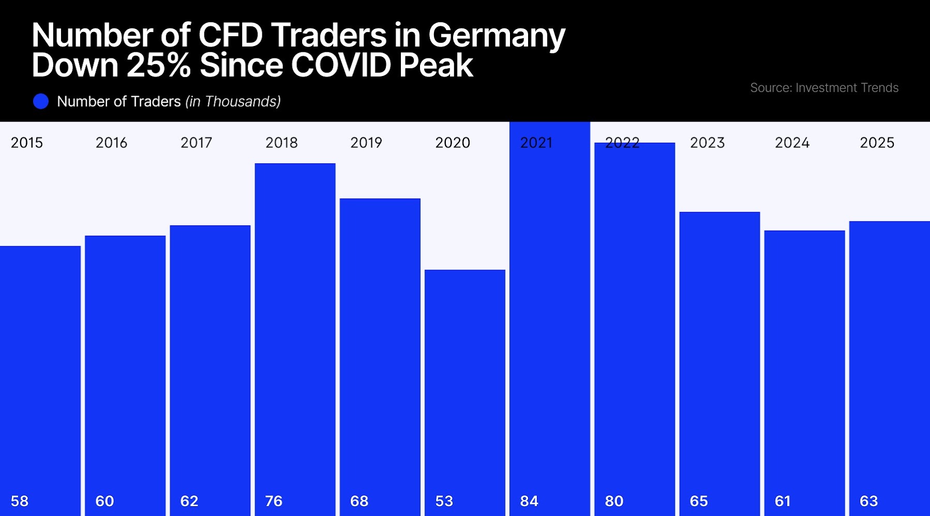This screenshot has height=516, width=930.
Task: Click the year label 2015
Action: pos(27,143)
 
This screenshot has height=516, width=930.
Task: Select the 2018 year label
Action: pos(281,143)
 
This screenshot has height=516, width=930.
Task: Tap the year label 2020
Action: pos(453,143)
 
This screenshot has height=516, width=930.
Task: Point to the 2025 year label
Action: pos(877,143)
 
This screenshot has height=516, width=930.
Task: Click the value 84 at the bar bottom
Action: pos(529,501)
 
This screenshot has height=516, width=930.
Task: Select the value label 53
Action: pos(444,501)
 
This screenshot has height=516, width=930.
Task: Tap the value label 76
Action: pos(274,501)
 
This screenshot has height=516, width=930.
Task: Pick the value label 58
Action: pos(20,501)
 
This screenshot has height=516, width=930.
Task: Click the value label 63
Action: pos(868,501)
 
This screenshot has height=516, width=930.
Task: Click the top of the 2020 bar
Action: pos(465,270)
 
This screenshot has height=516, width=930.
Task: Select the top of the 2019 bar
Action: pos(380,199)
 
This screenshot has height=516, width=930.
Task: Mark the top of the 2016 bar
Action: pos(125,236)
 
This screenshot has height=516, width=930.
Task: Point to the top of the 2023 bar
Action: pos(719,213)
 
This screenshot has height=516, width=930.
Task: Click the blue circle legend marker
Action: pos(41,101)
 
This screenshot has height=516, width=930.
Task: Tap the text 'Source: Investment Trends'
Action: pos(824,88)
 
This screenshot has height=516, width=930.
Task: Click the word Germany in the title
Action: pos(497,36)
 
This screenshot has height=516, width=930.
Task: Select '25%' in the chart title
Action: pos(159,66)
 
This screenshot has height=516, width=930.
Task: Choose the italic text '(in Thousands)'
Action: pos(233,101)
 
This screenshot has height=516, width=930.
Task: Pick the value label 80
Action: pos(614,501)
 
